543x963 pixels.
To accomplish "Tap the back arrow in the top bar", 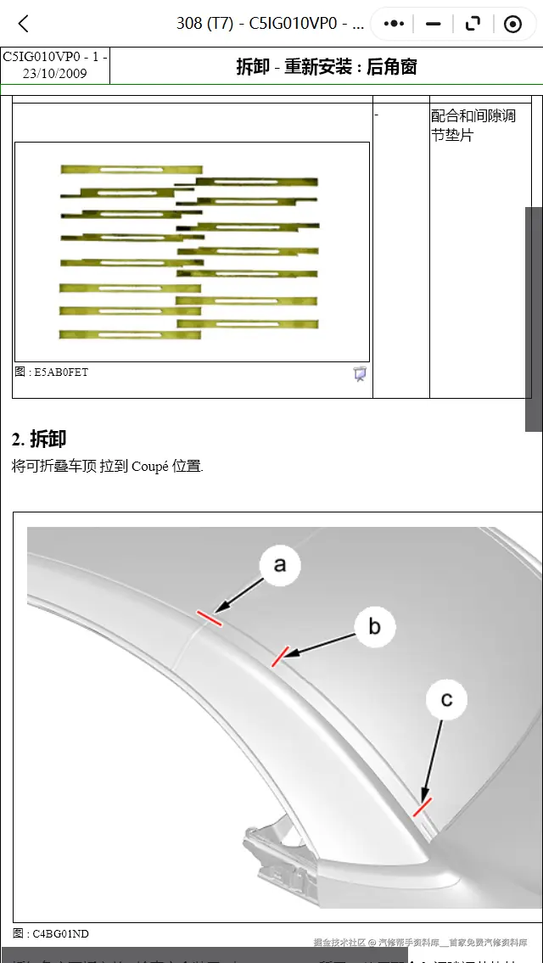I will [x=24, y=24].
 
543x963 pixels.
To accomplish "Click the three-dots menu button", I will [x=394, y=24].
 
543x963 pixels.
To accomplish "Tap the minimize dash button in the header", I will [x=434, y=24].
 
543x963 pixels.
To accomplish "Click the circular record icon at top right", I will [x=512, y=24].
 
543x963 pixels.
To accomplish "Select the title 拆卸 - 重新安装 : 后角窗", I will [x=326, y=66].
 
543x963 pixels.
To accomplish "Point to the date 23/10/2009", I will [x=54, y=73].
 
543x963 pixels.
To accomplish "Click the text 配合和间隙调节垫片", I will [x=473, y=126].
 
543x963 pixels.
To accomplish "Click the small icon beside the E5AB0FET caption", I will [x=360, y=373].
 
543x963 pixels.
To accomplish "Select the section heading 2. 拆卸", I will [x=39, y=439].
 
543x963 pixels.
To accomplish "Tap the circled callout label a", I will [x=280, y=564].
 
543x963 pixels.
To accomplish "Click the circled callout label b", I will [x=374, y=627].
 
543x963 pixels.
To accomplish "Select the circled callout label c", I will [x=446, y=699].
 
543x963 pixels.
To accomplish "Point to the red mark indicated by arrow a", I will [x=210, y=618].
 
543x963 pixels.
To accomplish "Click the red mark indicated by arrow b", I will [x=280, y=657].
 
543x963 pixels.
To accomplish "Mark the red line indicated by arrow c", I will [x=422, y=807].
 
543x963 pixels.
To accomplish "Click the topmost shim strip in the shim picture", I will [x=131, y=170].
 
